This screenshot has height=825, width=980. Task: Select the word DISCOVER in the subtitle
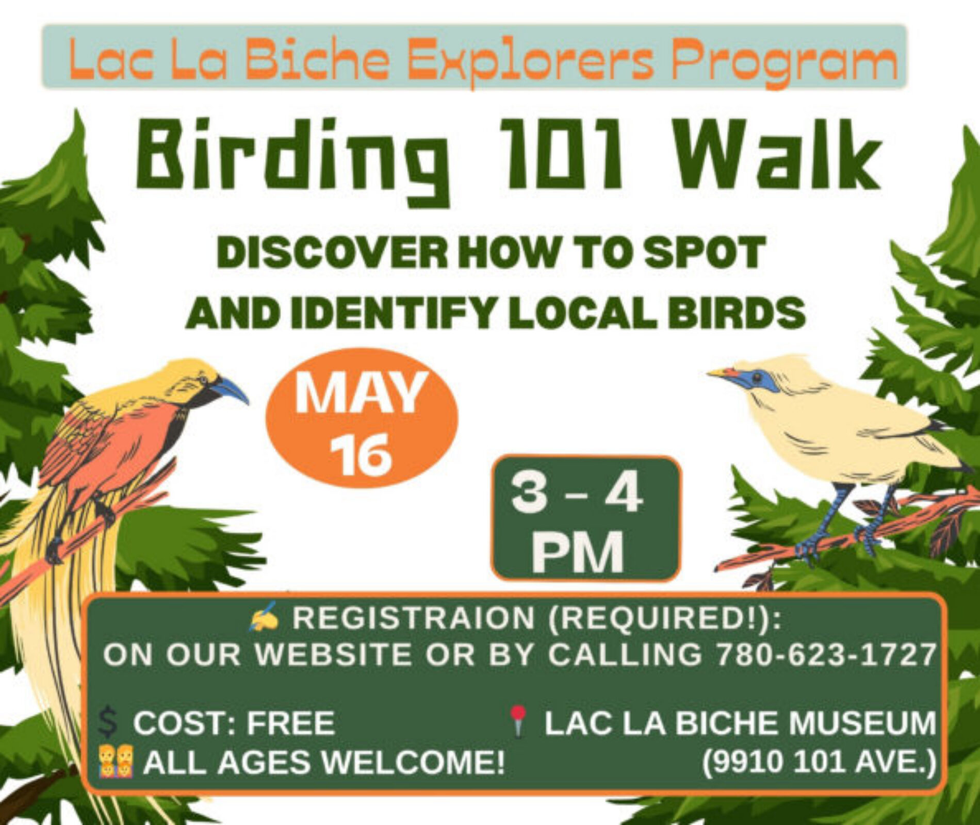(x=332, y=253)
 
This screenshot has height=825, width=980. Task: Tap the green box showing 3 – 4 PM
(x=585, y=518)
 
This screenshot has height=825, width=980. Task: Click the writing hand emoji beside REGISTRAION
(x=265, y=617)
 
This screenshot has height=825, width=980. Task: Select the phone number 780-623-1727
(x=825, y=654)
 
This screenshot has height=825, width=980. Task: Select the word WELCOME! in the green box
(x=413, y=762)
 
